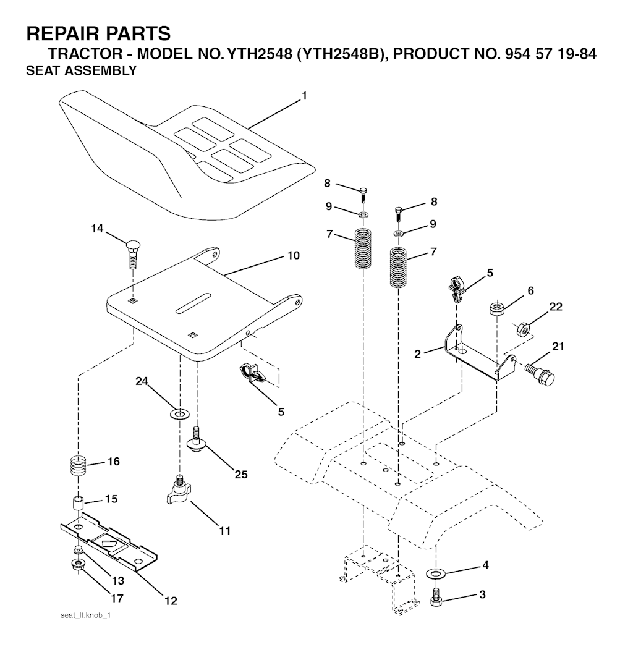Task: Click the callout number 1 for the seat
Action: [x=304, y=96]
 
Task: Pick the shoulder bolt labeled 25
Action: [x=197, y=439]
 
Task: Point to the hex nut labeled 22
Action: [x=523, y=329]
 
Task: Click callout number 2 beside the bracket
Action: [x=418, y=353]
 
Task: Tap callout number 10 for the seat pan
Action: [x=294, y=255]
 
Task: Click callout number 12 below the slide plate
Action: [x=171, y=601]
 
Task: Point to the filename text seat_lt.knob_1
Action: [x=86, y=615]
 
